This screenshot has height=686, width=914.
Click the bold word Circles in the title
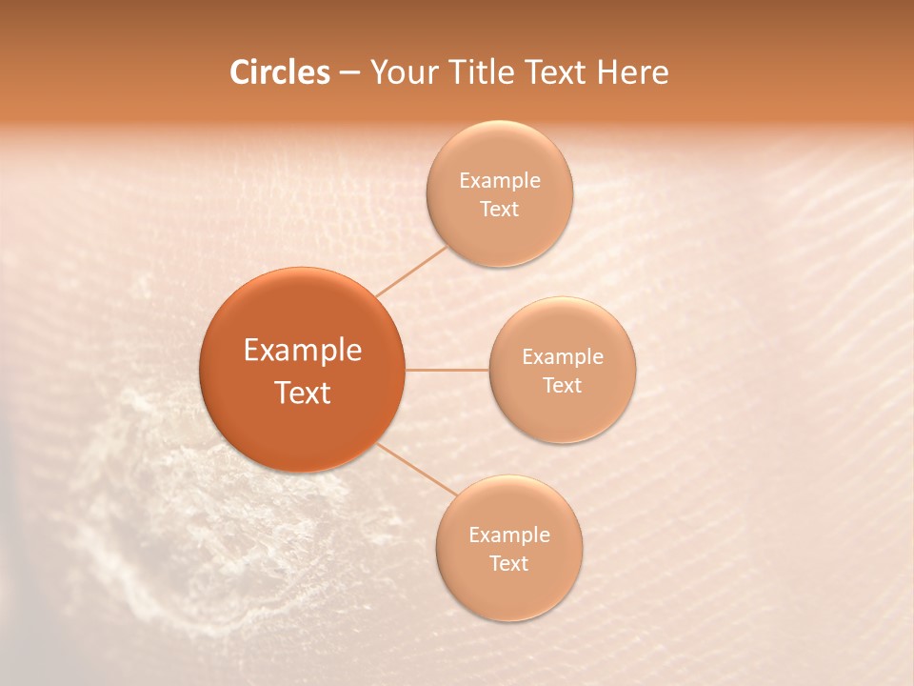[279, 72]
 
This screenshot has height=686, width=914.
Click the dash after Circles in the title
[349, 73]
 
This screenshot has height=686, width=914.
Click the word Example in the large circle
[303, 351]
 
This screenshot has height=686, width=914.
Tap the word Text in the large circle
[303, 393]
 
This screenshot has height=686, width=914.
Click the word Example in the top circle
[500, 181]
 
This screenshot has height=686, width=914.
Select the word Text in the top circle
[500, 210]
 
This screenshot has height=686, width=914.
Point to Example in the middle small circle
[563, 357]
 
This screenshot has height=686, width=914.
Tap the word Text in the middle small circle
[563, 386]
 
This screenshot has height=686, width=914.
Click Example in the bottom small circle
[509, 535]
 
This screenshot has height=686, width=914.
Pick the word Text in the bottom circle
[509, 564]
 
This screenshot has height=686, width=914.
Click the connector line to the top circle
[411, 271]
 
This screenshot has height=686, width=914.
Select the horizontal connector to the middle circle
[447, 369]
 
